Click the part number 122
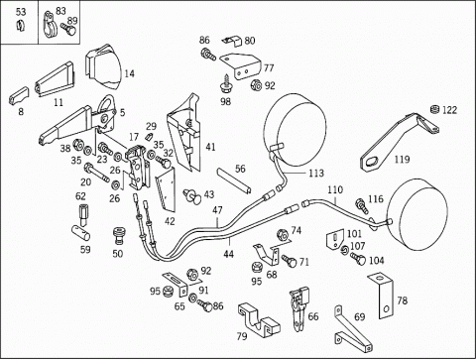coord(449,110)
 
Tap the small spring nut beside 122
coord(434,109)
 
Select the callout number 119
coord(402,160)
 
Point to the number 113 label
coord(316,173)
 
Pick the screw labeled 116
coord(362,205)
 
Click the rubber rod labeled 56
coord(234,181)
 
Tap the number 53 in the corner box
coord(21,12)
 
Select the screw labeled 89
coord(68,30)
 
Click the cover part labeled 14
coord(102,67)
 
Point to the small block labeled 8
coord(19,95)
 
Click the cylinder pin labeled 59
coord(81,232)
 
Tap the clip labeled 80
coord(232,41)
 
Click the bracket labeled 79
coord(259,320)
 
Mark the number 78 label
coord(403,300)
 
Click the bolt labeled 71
coord(289,260)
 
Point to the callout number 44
coord(228,254)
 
